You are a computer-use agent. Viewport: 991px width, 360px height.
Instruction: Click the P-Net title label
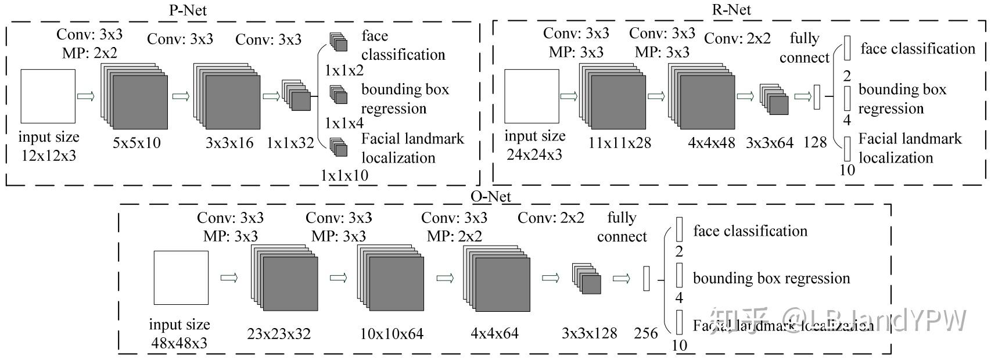(187, 10)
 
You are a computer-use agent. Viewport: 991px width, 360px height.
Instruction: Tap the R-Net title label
(731, 10)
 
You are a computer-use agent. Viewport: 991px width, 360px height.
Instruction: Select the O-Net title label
(491, 196)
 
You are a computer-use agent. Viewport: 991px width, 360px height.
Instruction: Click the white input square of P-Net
(48, 96)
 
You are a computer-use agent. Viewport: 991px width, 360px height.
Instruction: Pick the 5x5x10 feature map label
(137, 142)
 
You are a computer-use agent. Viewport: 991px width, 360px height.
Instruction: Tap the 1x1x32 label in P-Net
(290, 142)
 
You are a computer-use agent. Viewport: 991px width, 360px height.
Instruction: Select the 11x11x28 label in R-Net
(619, 142)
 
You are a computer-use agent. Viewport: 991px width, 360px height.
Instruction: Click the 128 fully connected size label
(815, 142)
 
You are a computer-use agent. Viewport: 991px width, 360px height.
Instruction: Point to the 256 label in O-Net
(645, 333)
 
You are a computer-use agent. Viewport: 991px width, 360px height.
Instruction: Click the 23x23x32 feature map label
(279, 334)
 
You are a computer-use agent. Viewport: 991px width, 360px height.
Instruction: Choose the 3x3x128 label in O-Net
(590, 333)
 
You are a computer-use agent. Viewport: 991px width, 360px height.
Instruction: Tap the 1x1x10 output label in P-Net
(345, 175)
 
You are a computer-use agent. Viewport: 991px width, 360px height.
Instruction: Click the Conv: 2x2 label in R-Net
(737, 38)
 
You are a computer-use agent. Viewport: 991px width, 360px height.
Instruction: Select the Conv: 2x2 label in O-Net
(551, 218)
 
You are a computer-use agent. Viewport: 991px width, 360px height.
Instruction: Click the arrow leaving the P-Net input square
(85, 96)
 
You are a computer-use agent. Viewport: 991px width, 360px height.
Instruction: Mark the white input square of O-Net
(181, 278)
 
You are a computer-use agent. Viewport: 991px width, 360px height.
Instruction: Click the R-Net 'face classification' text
(918, 49)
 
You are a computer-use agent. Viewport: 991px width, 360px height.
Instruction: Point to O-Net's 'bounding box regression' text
(771, 278)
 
